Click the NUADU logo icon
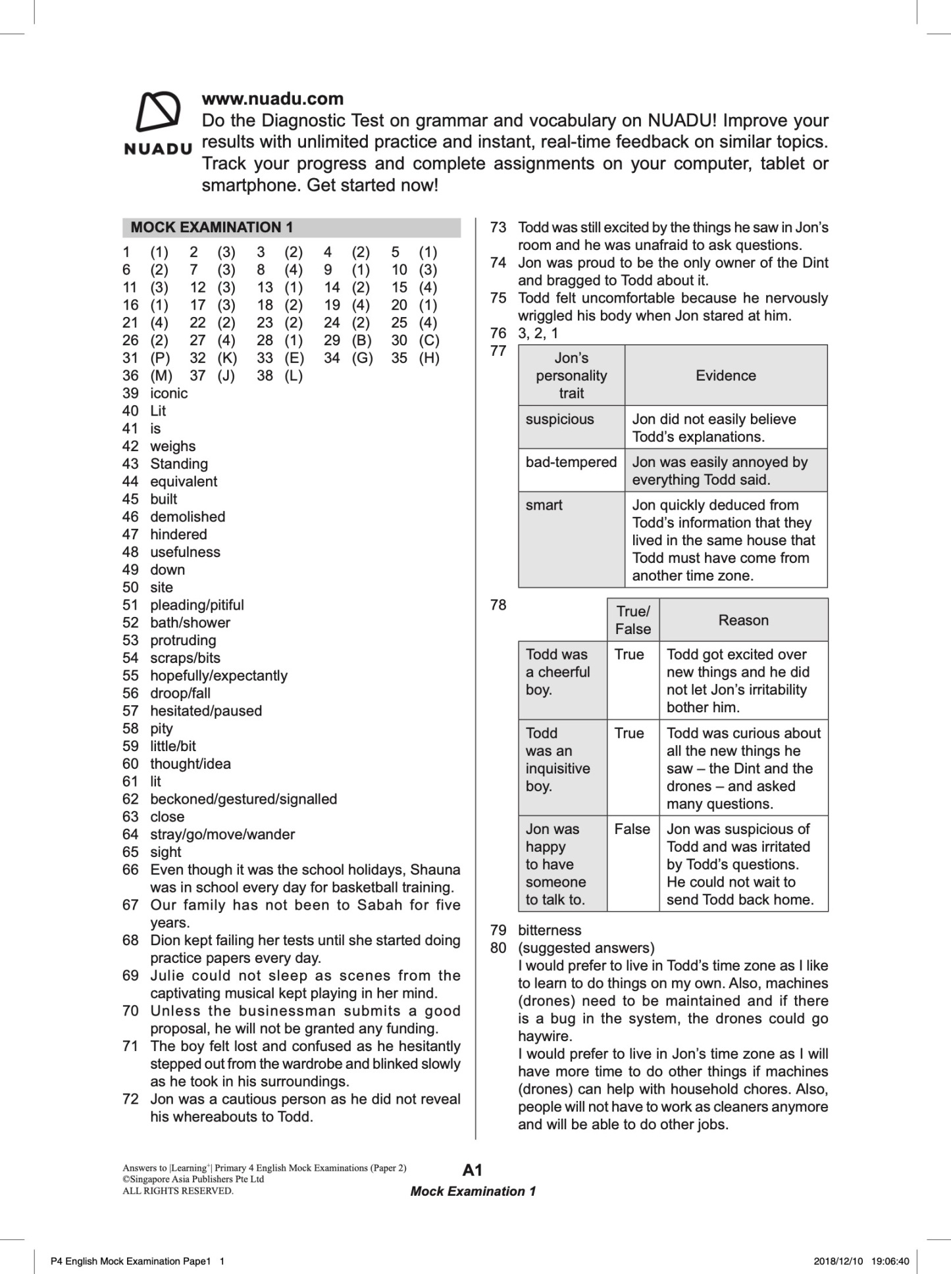click(158, 112)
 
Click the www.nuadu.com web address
click(272, 99)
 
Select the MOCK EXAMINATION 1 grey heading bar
click(291, 228)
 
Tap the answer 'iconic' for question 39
click(168, 393)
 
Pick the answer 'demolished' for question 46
click(188, 517)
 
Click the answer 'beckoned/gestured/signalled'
click(244, 799)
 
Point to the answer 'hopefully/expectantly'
click(218, 675)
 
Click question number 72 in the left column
click(130, 1099)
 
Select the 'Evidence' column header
click(725, 376)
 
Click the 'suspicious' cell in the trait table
click(559, 420)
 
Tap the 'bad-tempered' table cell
click(571, 462)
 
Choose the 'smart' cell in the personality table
click(544, 505)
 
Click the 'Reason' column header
click(743, 620)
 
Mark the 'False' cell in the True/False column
click(632, 829)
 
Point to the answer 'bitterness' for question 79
click(550, 930)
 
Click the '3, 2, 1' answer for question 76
click(538, 333)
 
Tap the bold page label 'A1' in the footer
click(473, 1170)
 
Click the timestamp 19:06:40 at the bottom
click(890, 1261)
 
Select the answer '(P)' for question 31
click(160, 358)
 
